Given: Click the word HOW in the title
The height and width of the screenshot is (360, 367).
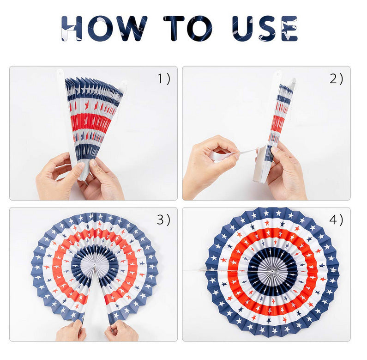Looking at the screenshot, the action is (x=104, y=28).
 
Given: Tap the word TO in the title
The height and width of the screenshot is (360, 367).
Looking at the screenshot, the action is (x=188, y=28).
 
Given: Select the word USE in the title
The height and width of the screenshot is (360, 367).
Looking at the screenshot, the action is (x=265, y=28).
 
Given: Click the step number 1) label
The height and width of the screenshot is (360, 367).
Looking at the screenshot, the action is (x=164, y=79).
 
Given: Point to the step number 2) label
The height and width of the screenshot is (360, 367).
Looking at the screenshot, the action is (x=337, y=79).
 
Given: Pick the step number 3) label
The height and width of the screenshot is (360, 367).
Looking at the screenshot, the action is (x=163, y=220).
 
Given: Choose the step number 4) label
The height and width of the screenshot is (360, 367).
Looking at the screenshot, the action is (x=336, y=220).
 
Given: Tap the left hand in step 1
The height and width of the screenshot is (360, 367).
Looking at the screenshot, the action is (x=59, y=176).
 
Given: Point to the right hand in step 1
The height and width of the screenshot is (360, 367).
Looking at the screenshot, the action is (x=103, y=179).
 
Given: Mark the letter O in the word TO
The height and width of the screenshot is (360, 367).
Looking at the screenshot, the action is (x=200, y=28).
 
